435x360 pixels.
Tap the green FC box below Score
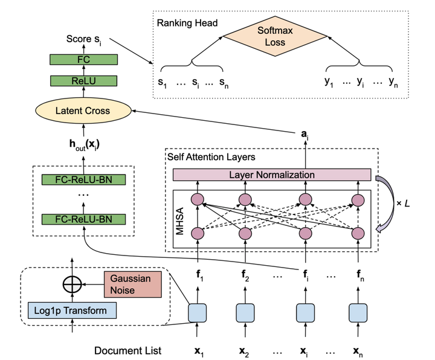[85, 60]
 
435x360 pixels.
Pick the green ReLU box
[85, 81]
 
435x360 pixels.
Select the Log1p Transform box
[71, 311]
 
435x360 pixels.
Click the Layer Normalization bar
[271, 175]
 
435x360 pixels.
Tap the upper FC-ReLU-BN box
[85, 180]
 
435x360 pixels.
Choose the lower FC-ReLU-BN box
[85, 218]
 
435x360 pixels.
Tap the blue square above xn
[359, 312]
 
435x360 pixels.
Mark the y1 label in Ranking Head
[330, 82]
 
